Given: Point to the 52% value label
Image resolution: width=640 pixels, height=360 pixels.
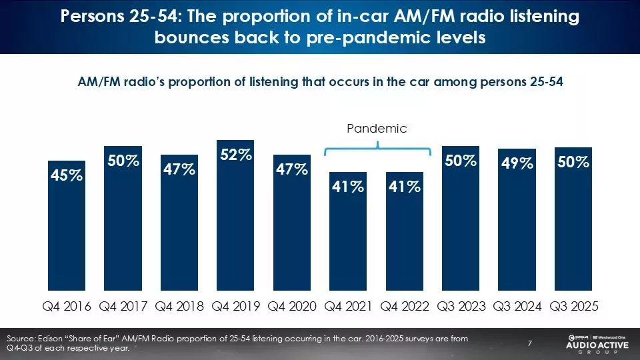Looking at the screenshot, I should (236, 155).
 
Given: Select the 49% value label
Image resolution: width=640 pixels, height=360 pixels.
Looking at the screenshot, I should (517, 163).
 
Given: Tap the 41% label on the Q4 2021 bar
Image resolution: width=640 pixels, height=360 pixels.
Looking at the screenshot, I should (348, 187).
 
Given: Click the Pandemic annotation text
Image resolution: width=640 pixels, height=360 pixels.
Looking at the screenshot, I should (377, 129).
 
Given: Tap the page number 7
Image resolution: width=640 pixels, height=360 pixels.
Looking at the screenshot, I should (529, 343).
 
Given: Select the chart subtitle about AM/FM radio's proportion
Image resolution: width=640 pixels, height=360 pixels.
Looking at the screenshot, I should (321, 81).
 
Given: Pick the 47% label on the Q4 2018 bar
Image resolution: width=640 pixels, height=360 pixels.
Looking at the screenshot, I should (179, 169).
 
